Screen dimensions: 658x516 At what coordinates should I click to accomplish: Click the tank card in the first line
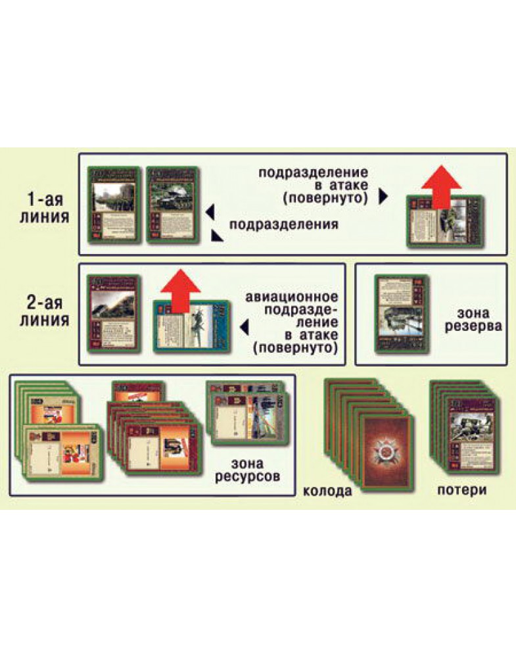(x=172, y=205)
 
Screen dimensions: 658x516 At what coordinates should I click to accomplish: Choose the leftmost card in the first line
(x=114, y=205)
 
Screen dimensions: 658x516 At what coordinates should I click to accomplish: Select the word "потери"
(x=464, y=491)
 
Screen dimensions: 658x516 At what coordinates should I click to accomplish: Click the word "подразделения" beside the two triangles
(x=284, y=224)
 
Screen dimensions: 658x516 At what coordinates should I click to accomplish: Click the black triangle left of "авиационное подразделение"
(x=244, y=324)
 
